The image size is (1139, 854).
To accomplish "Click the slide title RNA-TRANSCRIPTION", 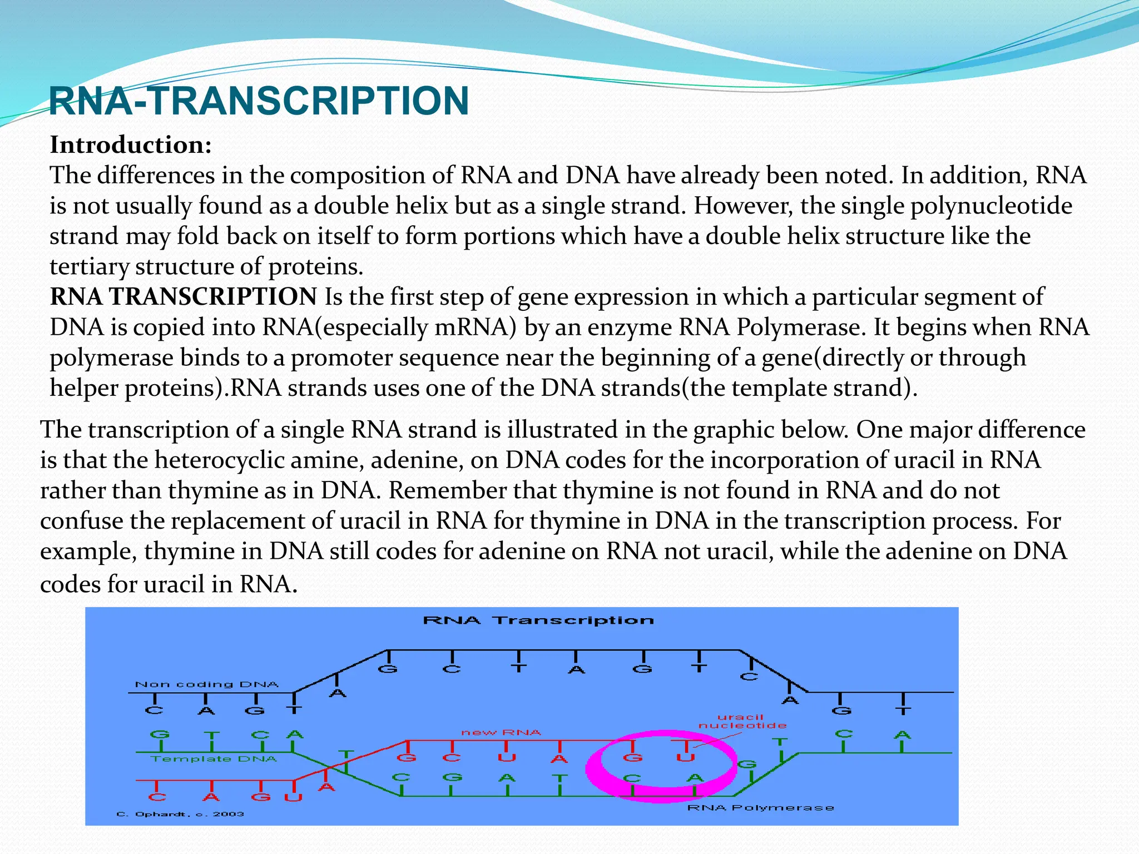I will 259,101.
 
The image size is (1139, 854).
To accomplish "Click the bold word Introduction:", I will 131,145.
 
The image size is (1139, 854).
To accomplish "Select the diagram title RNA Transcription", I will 538,620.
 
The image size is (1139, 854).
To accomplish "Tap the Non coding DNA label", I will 206,684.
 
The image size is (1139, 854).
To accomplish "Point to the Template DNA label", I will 214,759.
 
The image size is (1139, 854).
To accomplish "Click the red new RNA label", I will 501,732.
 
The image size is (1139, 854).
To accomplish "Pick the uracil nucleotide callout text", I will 742,721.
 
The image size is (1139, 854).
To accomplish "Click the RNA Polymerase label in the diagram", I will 761,807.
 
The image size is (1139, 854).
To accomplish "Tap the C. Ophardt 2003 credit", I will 180,814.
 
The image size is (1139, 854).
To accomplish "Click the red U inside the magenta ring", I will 685,757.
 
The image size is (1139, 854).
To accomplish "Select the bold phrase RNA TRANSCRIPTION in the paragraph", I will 184,297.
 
